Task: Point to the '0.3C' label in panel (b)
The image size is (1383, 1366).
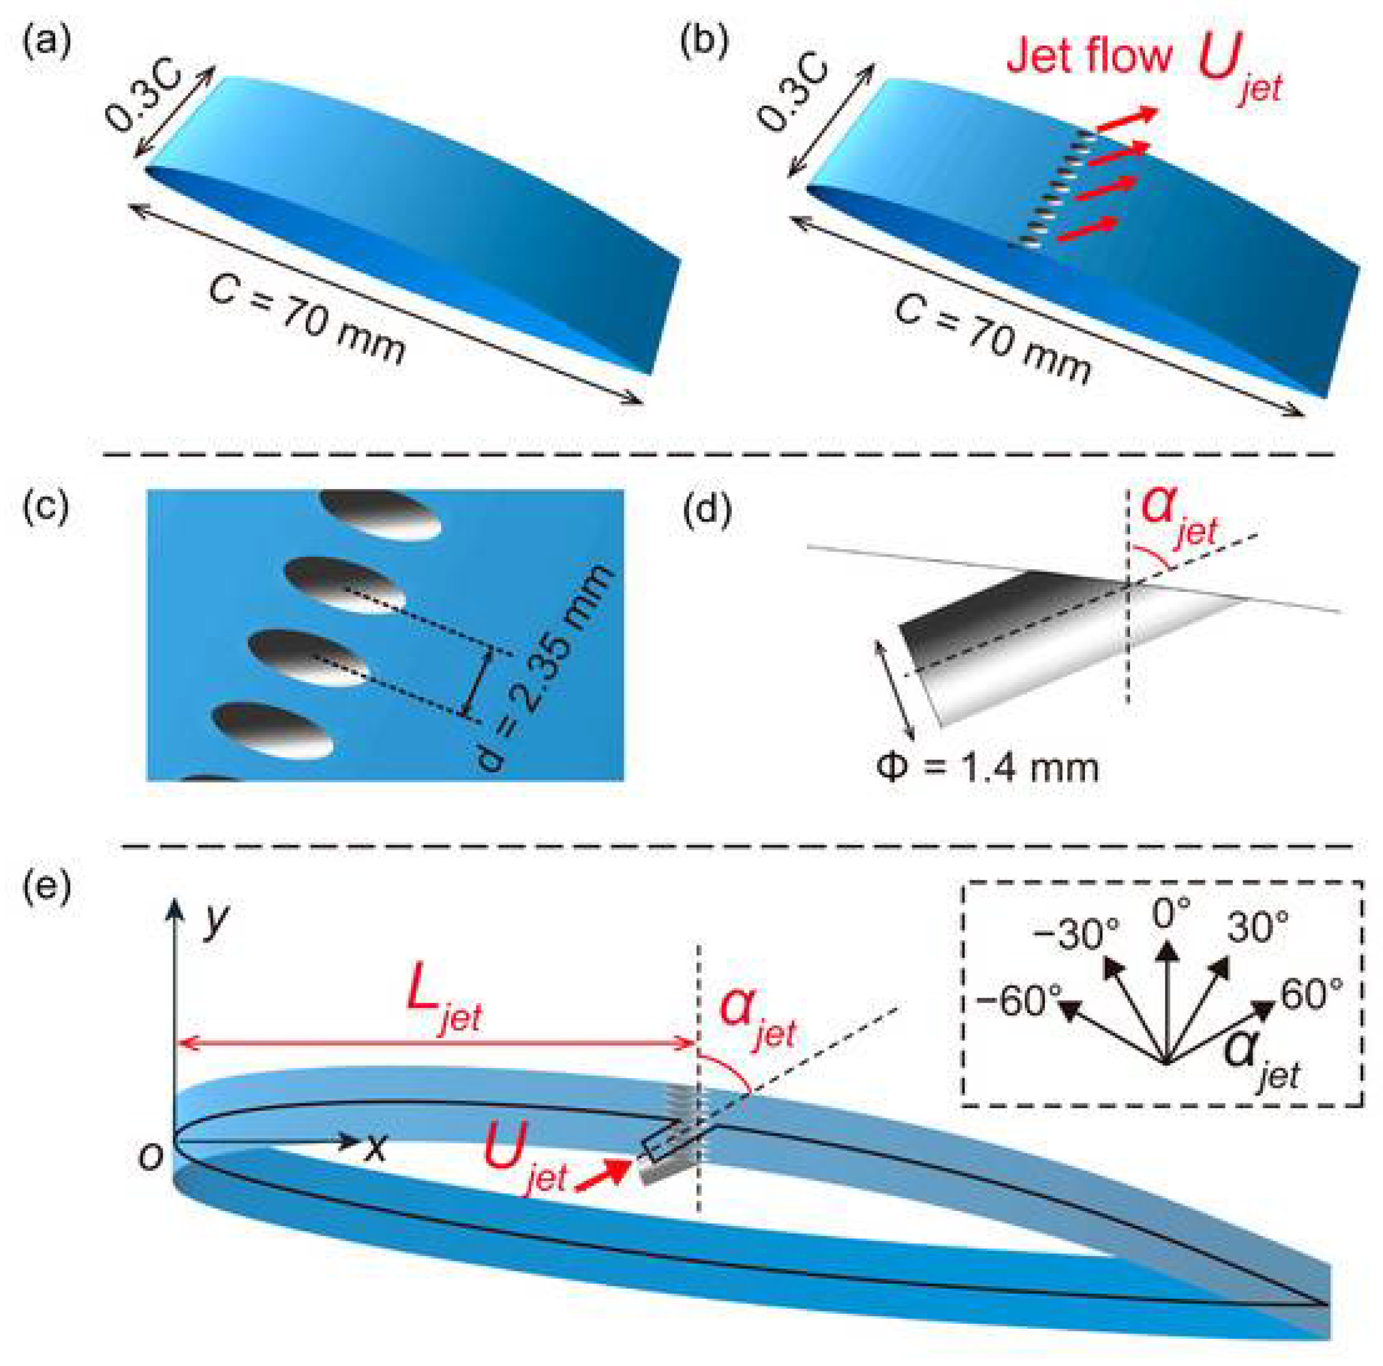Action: pos(793,93)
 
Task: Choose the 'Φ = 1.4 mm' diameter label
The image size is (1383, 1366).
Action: pos(988,767)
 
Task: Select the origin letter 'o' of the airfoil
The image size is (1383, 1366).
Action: pos(151,1157)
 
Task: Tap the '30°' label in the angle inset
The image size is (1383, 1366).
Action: pos(1257,928)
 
